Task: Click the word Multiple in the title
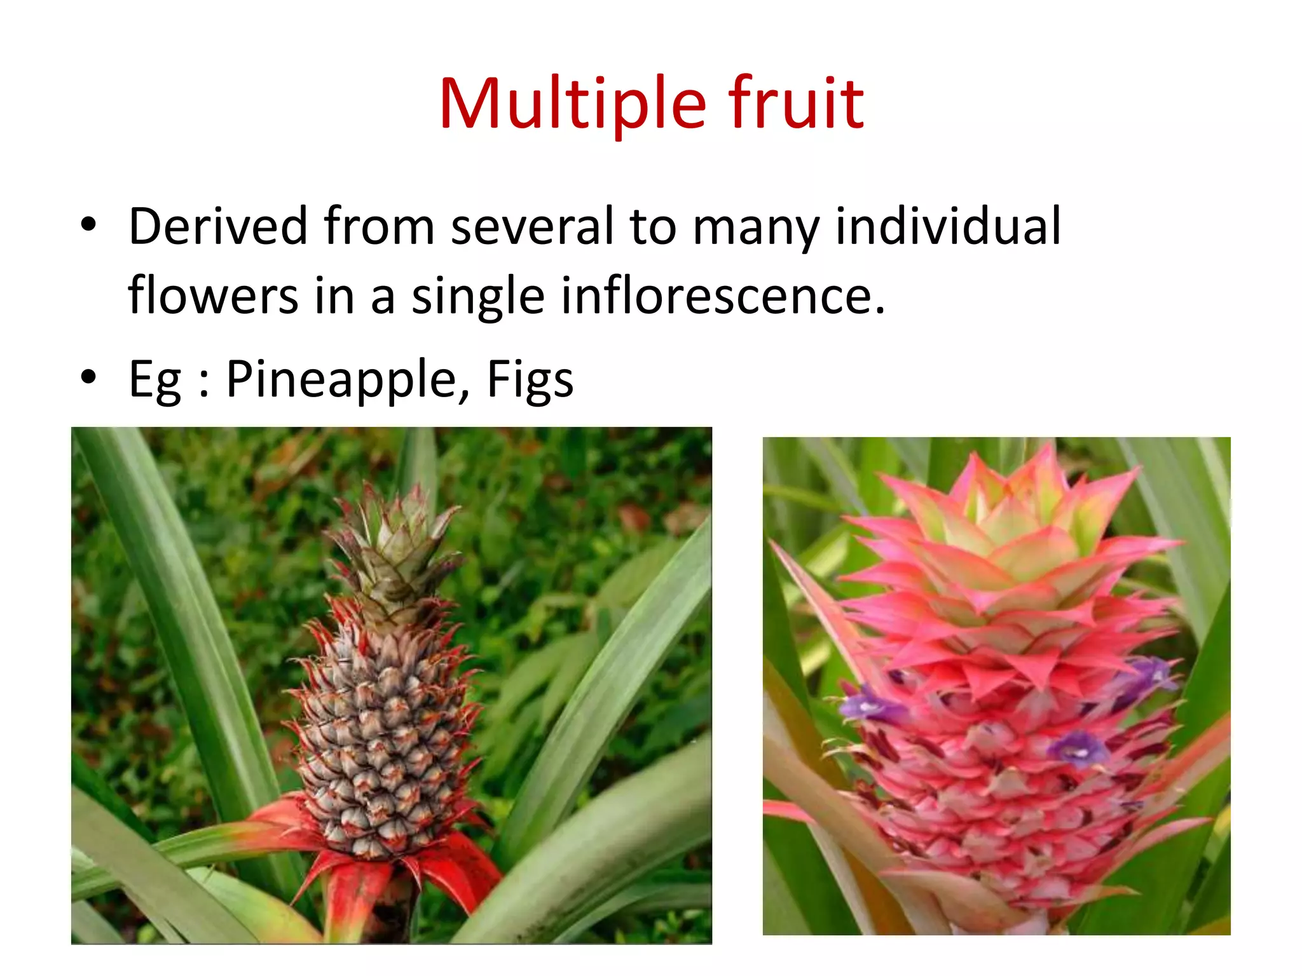pos(572,104)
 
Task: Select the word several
pos(533,226)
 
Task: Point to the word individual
pos(947,226)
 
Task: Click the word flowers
pos(213,296)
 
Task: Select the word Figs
pos(530,379)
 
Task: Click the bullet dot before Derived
pos(88,224)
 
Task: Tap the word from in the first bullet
pos(379,226)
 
